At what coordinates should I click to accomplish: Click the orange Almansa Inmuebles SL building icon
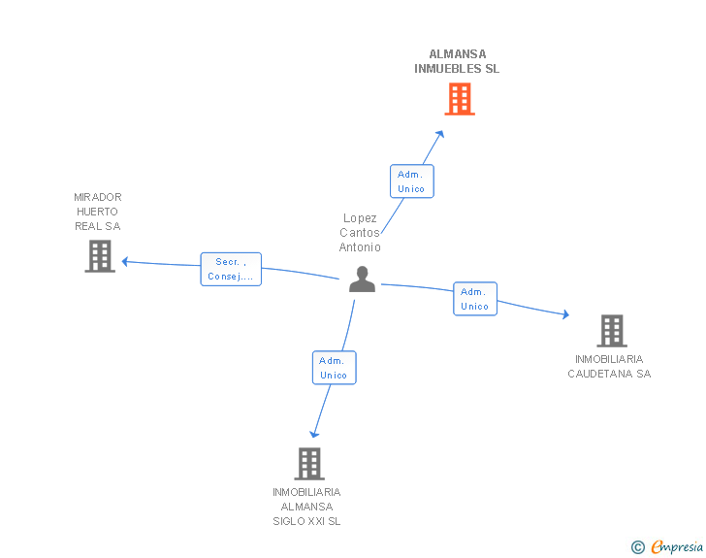pos(460,99)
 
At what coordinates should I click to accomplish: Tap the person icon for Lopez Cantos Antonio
pos(362,279)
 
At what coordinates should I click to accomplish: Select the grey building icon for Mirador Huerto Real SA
pos(100,256)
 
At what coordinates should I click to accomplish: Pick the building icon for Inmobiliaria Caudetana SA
pos(611,331)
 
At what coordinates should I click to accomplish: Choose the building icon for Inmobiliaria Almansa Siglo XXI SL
pos(308,463)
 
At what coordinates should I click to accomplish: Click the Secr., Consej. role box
pos(231,269)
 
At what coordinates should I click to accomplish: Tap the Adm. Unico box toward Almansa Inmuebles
pos(411,181)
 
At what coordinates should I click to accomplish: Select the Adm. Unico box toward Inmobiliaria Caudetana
pos(474,299)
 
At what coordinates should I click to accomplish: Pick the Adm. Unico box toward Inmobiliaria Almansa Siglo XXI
pos(334,368)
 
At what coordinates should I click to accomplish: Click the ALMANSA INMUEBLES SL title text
pos(457,62)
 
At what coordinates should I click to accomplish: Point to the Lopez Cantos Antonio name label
pos(360,233)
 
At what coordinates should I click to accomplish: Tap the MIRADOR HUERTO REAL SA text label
pos(98,212)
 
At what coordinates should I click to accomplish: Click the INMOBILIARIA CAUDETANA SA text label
pos(609,367)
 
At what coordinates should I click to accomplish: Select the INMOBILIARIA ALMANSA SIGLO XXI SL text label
pos(306,507)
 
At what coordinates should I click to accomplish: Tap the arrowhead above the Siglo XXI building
pos(313,434)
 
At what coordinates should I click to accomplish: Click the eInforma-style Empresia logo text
pos(677,547)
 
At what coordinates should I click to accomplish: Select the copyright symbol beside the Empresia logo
pos(638,548)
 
